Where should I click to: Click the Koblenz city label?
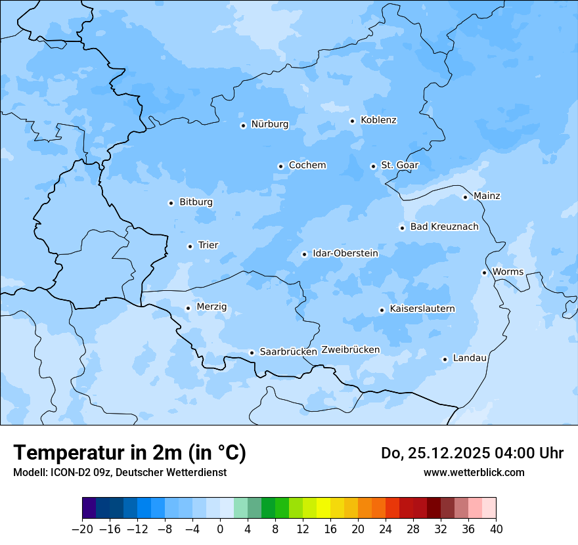[x=378, y=120]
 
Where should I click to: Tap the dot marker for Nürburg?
[x=243, y=125]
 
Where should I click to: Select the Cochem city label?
[x=307, y=165]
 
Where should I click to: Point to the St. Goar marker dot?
[x=373, y=166]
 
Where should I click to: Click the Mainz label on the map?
[x=487, y=196]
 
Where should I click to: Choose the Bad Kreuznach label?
[x=444, y=227]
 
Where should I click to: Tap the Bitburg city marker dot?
[x=171, y=203]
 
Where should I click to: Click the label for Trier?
[x=208, y=246]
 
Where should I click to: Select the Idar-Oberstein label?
[x=345, y=253]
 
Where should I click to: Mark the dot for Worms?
[x=484, y=272]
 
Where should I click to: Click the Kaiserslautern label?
[x=422, y=309]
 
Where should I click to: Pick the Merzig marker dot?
[x=188, y=308]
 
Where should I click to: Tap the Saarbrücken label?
[x=288, y=352]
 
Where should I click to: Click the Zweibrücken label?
[x=351, y=350]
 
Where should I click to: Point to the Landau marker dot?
[x=445, y=359]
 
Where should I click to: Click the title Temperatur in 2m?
[x=129, y=453]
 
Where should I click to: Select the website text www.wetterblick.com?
[x=474, y=473]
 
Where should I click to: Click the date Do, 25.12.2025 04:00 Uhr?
[x=472, y=453]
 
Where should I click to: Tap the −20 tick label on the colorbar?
[x=82, y=529]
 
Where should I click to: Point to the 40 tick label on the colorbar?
[x=496, y=529]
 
